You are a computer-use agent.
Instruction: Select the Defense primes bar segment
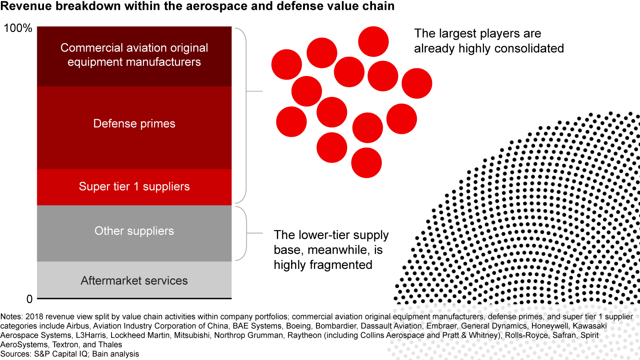click(134, 128)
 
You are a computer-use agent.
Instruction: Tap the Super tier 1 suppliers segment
click(134, 187)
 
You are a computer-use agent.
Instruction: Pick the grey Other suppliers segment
click(134, 233)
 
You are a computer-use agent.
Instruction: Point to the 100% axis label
click(18, 28)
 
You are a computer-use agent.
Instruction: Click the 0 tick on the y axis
click(29, 299)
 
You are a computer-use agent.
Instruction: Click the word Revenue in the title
click(26, 7)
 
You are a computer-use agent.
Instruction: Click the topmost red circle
click(373, 42)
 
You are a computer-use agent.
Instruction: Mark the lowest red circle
click(366, 163)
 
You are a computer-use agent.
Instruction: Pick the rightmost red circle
click(417, 84)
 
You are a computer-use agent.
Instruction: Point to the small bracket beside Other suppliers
click(246, 233)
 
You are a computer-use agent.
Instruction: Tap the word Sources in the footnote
click(15, 354)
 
